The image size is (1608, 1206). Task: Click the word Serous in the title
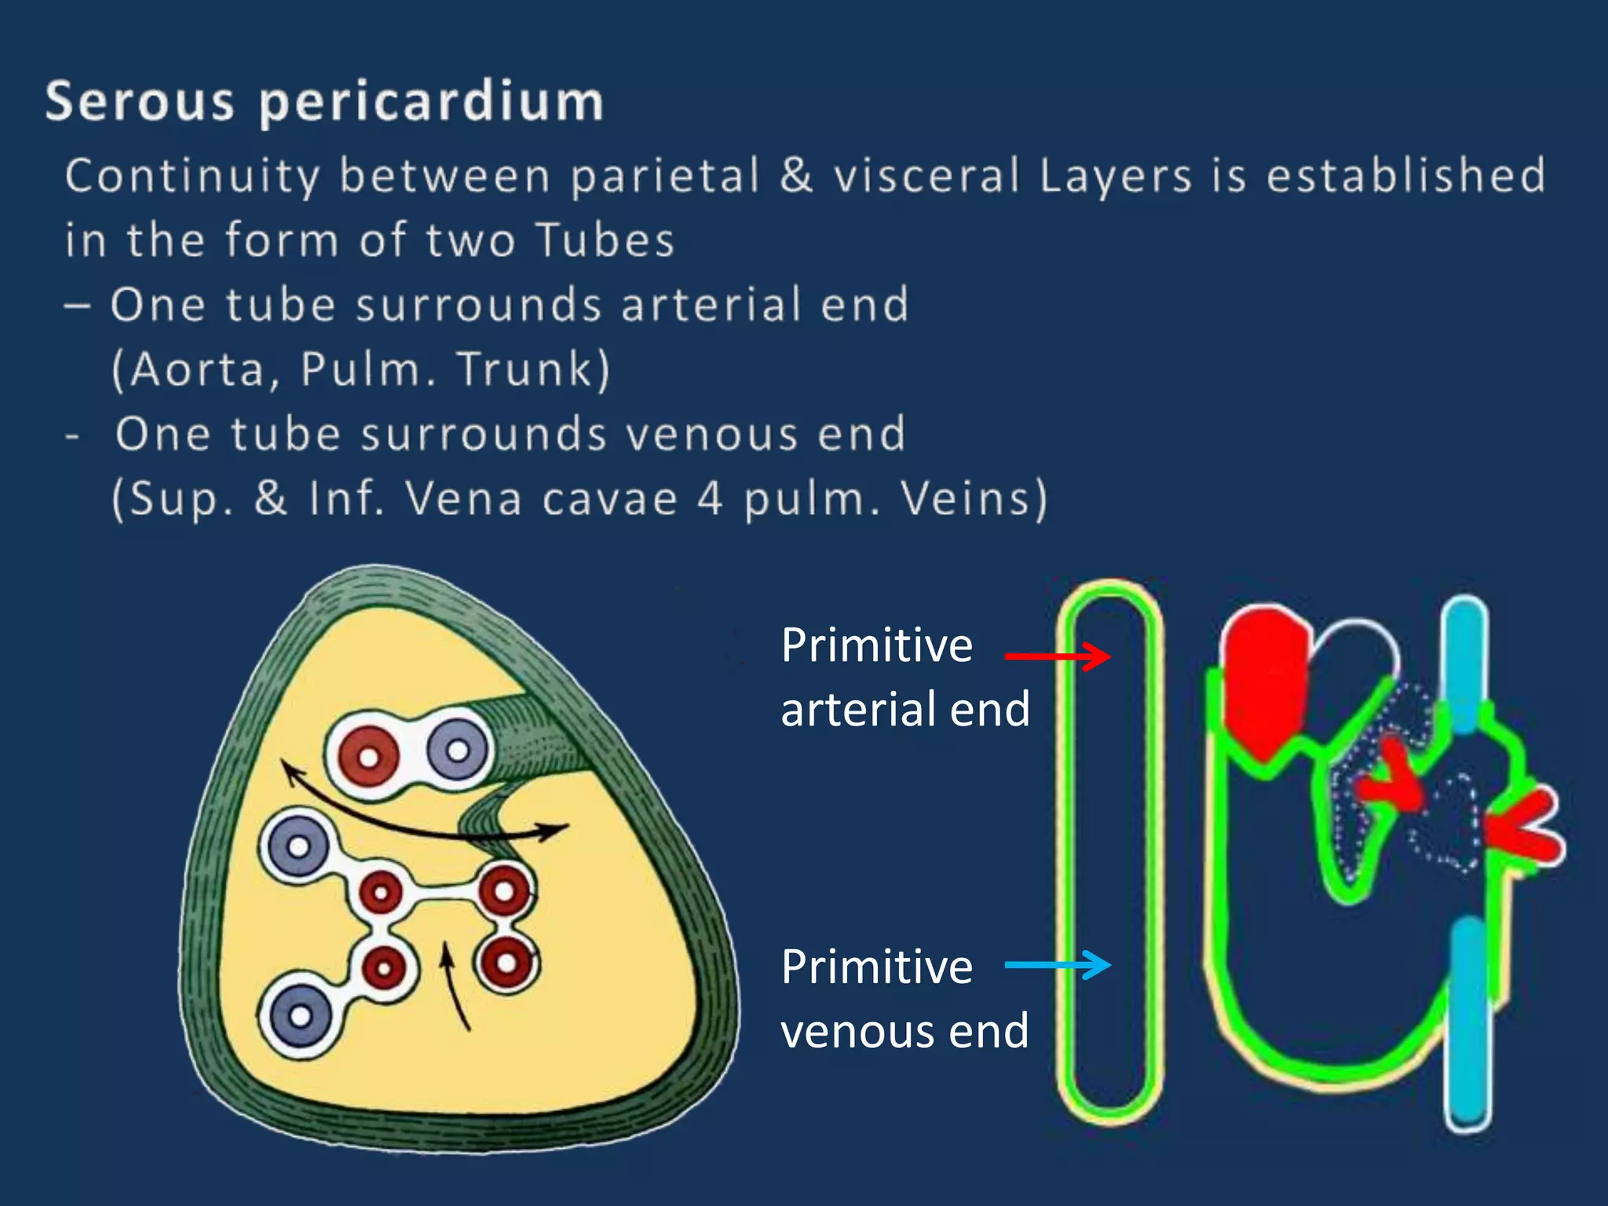click(139, 101)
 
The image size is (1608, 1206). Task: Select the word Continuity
click(192, 176)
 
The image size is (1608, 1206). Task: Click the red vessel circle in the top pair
click(368, 756)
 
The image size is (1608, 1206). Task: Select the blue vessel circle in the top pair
click(458, 750)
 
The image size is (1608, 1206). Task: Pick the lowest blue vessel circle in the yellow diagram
click(299, 1016)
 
